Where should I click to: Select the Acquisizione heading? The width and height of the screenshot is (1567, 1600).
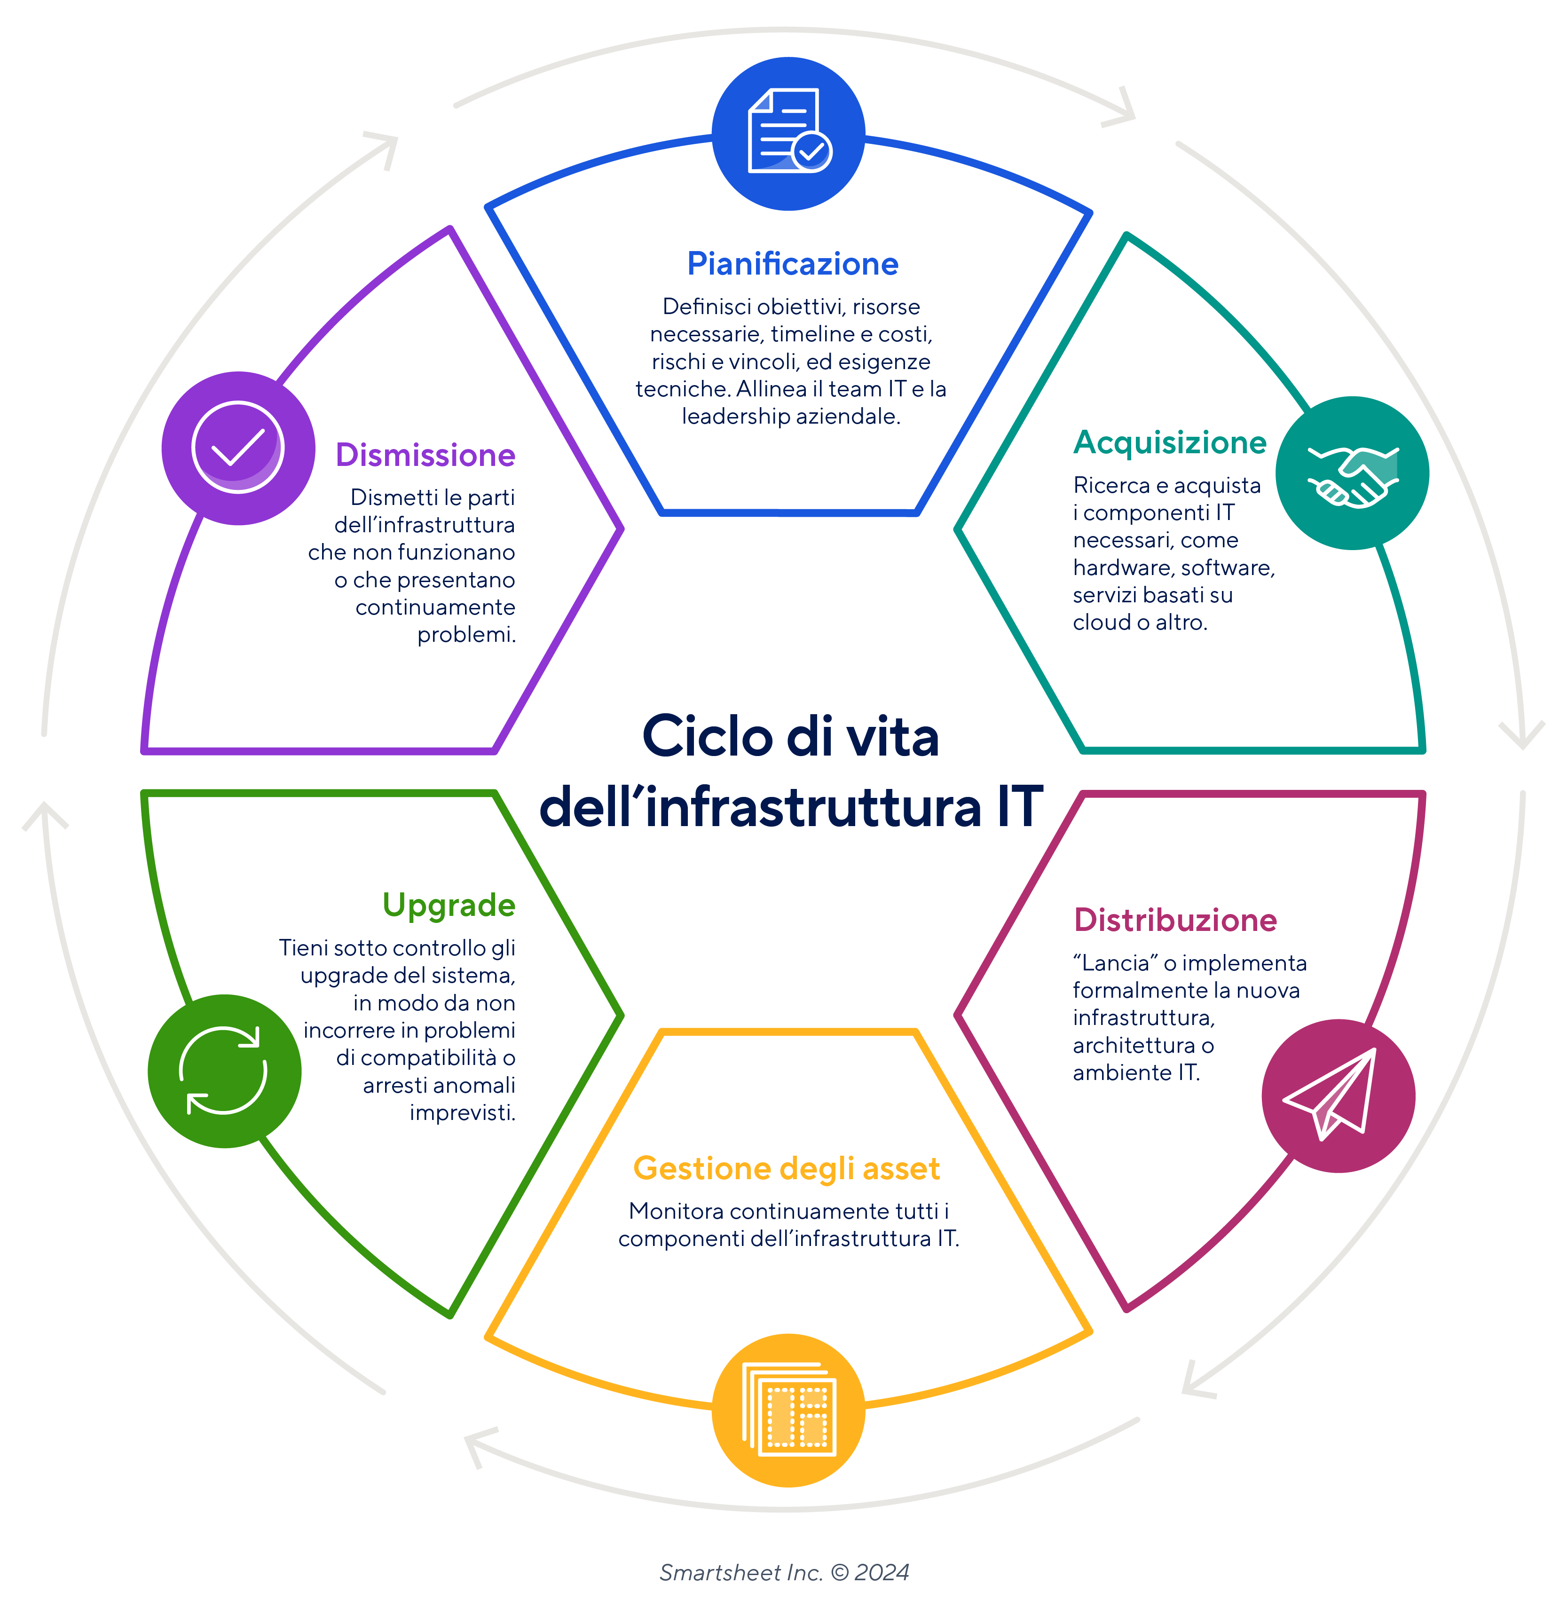tap(1169, 443)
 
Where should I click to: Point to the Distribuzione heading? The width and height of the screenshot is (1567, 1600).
tap(1174, 920)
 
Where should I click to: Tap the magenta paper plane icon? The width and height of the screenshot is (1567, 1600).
tap(1338, 1096)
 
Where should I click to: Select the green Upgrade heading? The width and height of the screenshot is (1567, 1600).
tap(449, 906)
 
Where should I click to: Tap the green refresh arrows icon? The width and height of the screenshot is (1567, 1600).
tap(224, 1071)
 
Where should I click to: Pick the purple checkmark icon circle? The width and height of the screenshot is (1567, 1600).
tap(238, 448)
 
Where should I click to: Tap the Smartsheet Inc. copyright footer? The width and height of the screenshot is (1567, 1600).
tap(783, 1573)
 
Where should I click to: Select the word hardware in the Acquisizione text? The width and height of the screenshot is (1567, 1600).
tap(1123, 568)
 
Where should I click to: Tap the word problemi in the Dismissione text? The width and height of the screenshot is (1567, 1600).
tap(466, 635)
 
